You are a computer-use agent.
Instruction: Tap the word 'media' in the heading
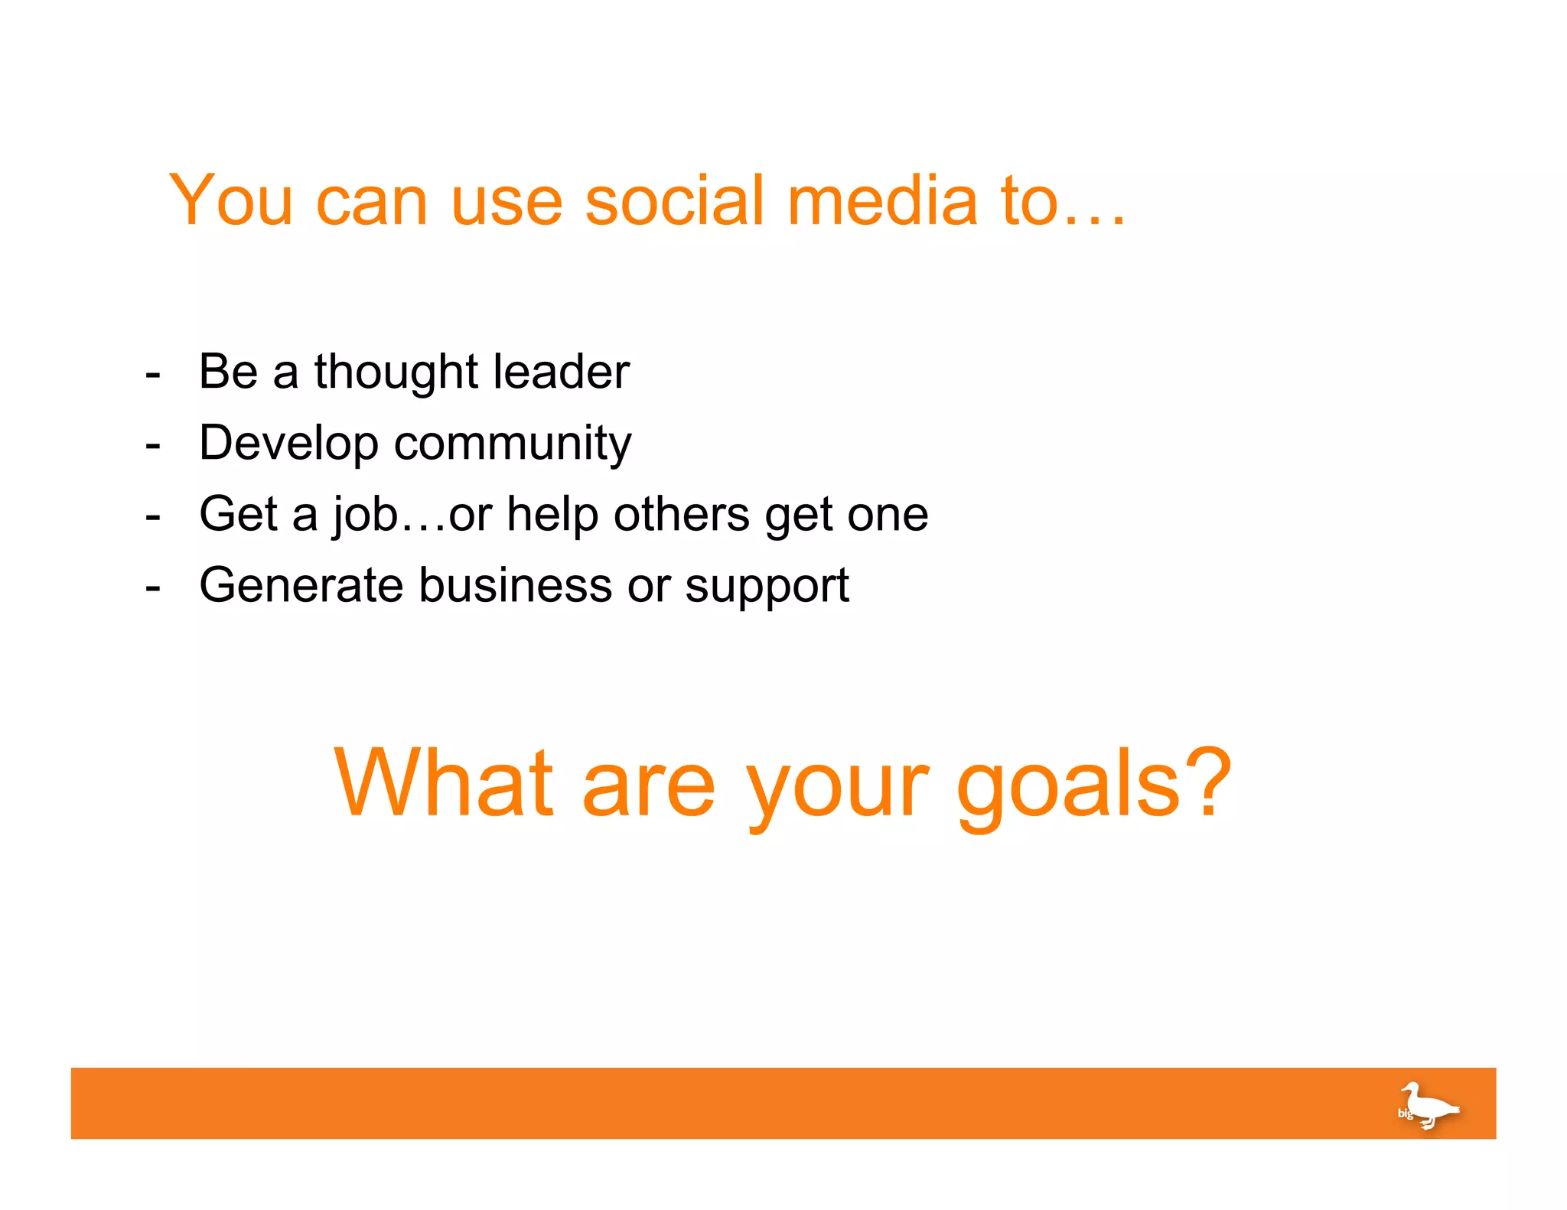[882, 200]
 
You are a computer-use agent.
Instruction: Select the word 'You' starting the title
[230, 200]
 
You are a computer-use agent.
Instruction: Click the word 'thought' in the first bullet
[396, 372]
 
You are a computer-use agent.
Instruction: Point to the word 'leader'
[561, 372]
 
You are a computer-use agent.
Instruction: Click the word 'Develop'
[288, 444]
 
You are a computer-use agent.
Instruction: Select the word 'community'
[512, 444]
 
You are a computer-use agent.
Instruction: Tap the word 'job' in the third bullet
[365, 515]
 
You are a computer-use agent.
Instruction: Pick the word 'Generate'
[301, 586]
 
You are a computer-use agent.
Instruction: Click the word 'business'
[515, 586]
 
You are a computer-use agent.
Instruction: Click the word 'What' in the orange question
[443, 783]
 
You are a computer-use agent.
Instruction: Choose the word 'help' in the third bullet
[552, 515]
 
